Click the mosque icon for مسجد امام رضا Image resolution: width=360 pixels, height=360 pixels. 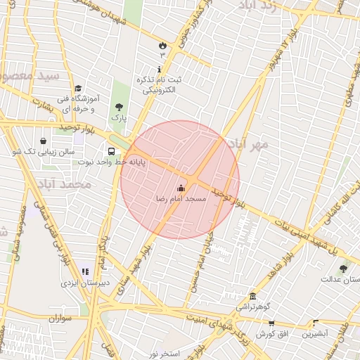coord(181,188)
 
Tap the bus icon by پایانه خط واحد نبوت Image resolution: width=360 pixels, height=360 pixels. coord(112,151)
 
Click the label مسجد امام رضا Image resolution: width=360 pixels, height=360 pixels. coord(181,199)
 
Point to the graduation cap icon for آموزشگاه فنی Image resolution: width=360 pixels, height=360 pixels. coord(78,89)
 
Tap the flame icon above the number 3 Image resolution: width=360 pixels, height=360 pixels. coord(162,45)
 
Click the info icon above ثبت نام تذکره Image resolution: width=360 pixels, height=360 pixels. coord(160,70)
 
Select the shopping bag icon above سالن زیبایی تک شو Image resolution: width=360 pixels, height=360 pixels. coord(44,141)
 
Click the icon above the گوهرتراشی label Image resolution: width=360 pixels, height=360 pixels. coord(252,297)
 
